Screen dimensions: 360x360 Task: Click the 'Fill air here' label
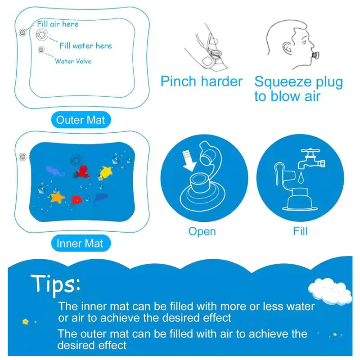(x=58, y=24)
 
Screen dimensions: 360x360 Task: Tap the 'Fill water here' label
(x=85, y=45)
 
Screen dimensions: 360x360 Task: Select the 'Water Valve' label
(x=73, y=61)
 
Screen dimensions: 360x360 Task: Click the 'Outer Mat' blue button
(x=80, y=120)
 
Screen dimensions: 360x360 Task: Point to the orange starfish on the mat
(x=57, y=197)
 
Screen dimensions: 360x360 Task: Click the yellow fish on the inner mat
(x=106, y=171)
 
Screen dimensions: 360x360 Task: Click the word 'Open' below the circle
(x=202, y=232)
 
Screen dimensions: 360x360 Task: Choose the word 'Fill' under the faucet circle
(x=300, y=231)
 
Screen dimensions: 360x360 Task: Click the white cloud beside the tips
(x=329, y=290)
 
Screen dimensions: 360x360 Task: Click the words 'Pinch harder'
(x=201, y=82)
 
